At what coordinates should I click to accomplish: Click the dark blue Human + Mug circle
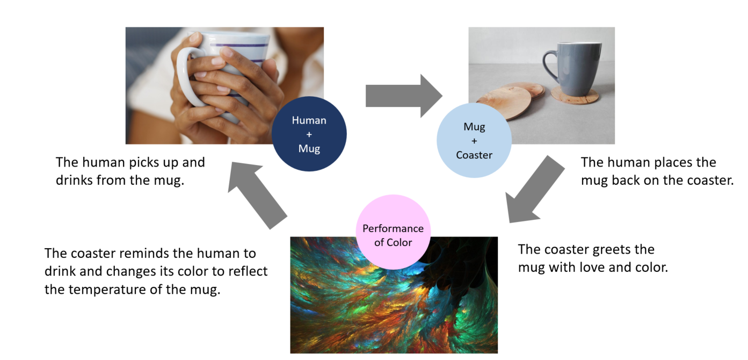(309, 134)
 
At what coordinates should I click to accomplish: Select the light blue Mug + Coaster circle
(474, 141)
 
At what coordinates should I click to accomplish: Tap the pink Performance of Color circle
(393, 232)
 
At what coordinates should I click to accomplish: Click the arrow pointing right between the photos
(403, 96)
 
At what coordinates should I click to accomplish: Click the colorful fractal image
(394, 306)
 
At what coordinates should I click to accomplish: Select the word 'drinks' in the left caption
(76, 180)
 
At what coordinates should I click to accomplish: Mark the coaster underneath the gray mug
(575, 98)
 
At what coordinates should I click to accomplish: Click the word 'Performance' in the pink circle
(393, 228)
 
